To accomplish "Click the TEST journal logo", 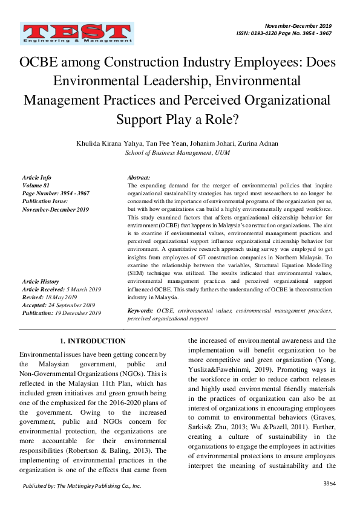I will coord(70,34).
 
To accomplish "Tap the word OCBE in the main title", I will coord(45,62).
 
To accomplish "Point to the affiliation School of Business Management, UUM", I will coord(177,154).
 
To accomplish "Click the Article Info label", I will coord(38,178).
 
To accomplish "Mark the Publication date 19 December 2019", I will coord(79,313).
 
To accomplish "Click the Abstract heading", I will coord(139,178).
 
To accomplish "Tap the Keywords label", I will coord(140,310).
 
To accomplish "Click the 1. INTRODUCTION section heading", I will coord(93,342).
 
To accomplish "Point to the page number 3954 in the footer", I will coord(329,484).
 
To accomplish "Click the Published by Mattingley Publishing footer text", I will coord(82,486).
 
